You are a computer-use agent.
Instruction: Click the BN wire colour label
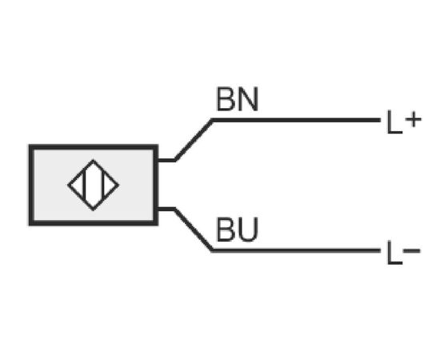(x=238, y=99)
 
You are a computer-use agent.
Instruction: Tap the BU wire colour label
(x=238, y=230)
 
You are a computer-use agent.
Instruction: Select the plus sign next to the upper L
(x=413, y=120)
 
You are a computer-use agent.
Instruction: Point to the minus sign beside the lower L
(x=412, y=250)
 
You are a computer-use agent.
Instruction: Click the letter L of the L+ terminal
(x=394, y=122)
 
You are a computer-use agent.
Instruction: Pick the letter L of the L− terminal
(x=394, y=253)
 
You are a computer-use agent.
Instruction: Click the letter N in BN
(x=248, y=99)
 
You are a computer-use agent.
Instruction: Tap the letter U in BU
(x=248, y=230)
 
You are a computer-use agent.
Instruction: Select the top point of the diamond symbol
(x=93, y=160)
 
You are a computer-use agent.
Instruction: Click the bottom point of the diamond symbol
(x=93, y=210)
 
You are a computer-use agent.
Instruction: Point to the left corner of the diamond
(x=68, y=185)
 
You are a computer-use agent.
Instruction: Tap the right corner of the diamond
(x=118, y=185)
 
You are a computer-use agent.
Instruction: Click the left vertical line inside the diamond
(x=84, y=185)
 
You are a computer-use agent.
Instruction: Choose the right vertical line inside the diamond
(x=102, y=185)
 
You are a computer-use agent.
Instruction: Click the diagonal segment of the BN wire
(x=194, y=140)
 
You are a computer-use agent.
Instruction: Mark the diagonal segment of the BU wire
(x=193, y=230)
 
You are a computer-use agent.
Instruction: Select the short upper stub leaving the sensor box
(x=166, y=161)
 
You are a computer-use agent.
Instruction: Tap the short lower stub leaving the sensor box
(x=166, y=209)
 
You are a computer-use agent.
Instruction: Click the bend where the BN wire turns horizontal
(x=213, y=120)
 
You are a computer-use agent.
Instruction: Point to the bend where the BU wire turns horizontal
(x=212, y=250)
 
